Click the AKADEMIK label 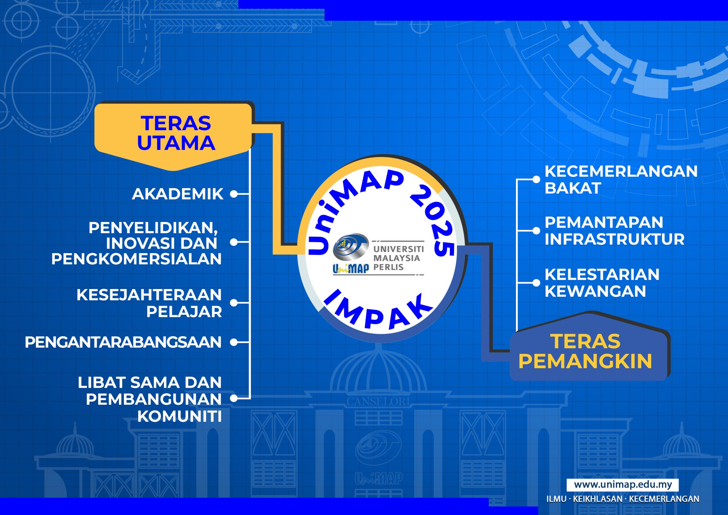pyautogui.click(x=178, y=194)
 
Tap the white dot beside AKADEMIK pyautogui.click(x=234, y=194)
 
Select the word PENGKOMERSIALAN pyautogui.click(x=136, y=259)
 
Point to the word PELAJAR pyautogui.click(x=184, y=312)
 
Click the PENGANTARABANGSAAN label pyautogui.click(x=123, y=342)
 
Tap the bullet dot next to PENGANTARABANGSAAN pyautogui.click(x=234, y=342)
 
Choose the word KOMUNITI pyautogui.click(x=179, y=416)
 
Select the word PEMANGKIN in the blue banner pyautogui.click(x=585, y=361)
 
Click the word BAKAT pyautogui.click(x=573, y=188)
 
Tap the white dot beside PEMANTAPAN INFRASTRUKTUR pyautogui.click(x=536, y=231)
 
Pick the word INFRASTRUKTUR pyautogui.click(x=615, y=239)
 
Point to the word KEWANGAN pyautogui.click(x=595, y=291)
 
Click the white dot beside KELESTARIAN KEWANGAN pyautogui.click(x=536, y=283)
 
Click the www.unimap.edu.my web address pyautogui.click(x=623, y=485)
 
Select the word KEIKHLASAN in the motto pyautogui.click(x=597, y=499)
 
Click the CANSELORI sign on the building pyautogui.click(x=378, y=401)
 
